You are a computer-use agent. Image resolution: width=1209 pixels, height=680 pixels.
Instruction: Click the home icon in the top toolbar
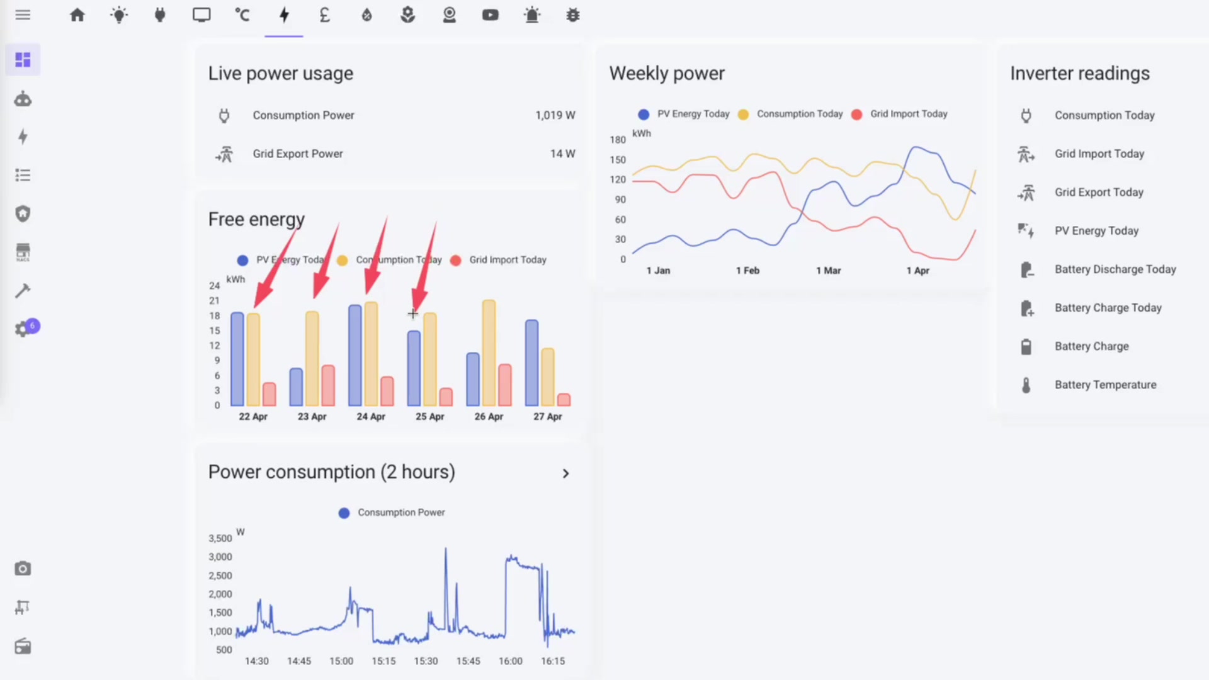(x=77, y=15)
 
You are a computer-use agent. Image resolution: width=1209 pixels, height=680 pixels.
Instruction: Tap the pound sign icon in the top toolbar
(x=324, y=15)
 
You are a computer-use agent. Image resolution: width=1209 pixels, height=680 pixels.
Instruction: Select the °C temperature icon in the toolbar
(x=242, y=15)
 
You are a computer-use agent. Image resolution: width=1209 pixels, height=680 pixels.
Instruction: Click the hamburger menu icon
(x=23, y=15)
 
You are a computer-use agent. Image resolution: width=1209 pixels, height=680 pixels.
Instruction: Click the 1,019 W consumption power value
(x=555, y=115)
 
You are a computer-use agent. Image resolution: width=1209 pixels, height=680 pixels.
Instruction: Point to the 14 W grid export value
(x=562, y=154)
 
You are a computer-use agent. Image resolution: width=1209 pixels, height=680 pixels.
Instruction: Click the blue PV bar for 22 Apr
(x=237, y=359)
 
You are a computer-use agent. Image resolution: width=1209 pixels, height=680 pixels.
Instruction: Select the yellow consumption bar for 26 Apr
(x=489, y=353)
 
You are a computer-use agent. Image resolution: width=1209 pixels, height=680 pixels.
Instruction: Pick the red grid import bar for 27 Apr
(x=564, y=399)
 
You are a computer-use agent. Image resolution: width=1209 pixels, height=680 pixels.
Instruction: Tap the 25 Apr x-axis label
(x=429, y=417)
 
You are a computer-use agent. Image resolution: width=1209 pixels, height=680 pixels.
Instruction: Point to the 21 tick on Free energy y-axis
(x=215, y=301)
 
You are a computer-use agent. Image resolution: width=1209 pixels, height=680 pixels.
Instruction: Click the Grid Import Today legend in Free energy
(x=507, y=260)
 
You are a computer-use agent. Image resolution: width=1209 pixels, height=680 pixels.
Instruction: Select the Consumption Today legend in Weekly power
(x=799, y=114)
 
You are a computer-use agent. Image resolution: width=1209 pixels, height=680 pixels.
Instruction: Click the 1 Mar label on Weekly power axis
(x=828, y=271)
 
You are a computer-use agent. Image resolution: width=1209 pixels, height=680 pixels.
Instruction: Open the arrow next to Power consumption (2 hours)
(x=565, y=473)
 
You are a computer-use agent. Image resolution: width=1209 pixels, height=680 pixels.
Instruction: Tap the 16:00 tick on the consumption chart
(x=510, y=661)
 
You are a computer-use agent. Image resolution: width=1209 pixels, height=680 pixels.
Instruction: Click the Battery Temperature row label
(x=1105, y=385)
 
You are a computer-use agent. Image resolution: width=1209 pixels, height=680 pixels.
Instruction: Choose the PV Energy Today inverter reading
(x=1096, y=231)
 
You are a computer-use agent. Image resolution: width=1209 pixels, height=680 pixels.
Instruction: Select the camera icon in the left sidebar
(x=23, y=569)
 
